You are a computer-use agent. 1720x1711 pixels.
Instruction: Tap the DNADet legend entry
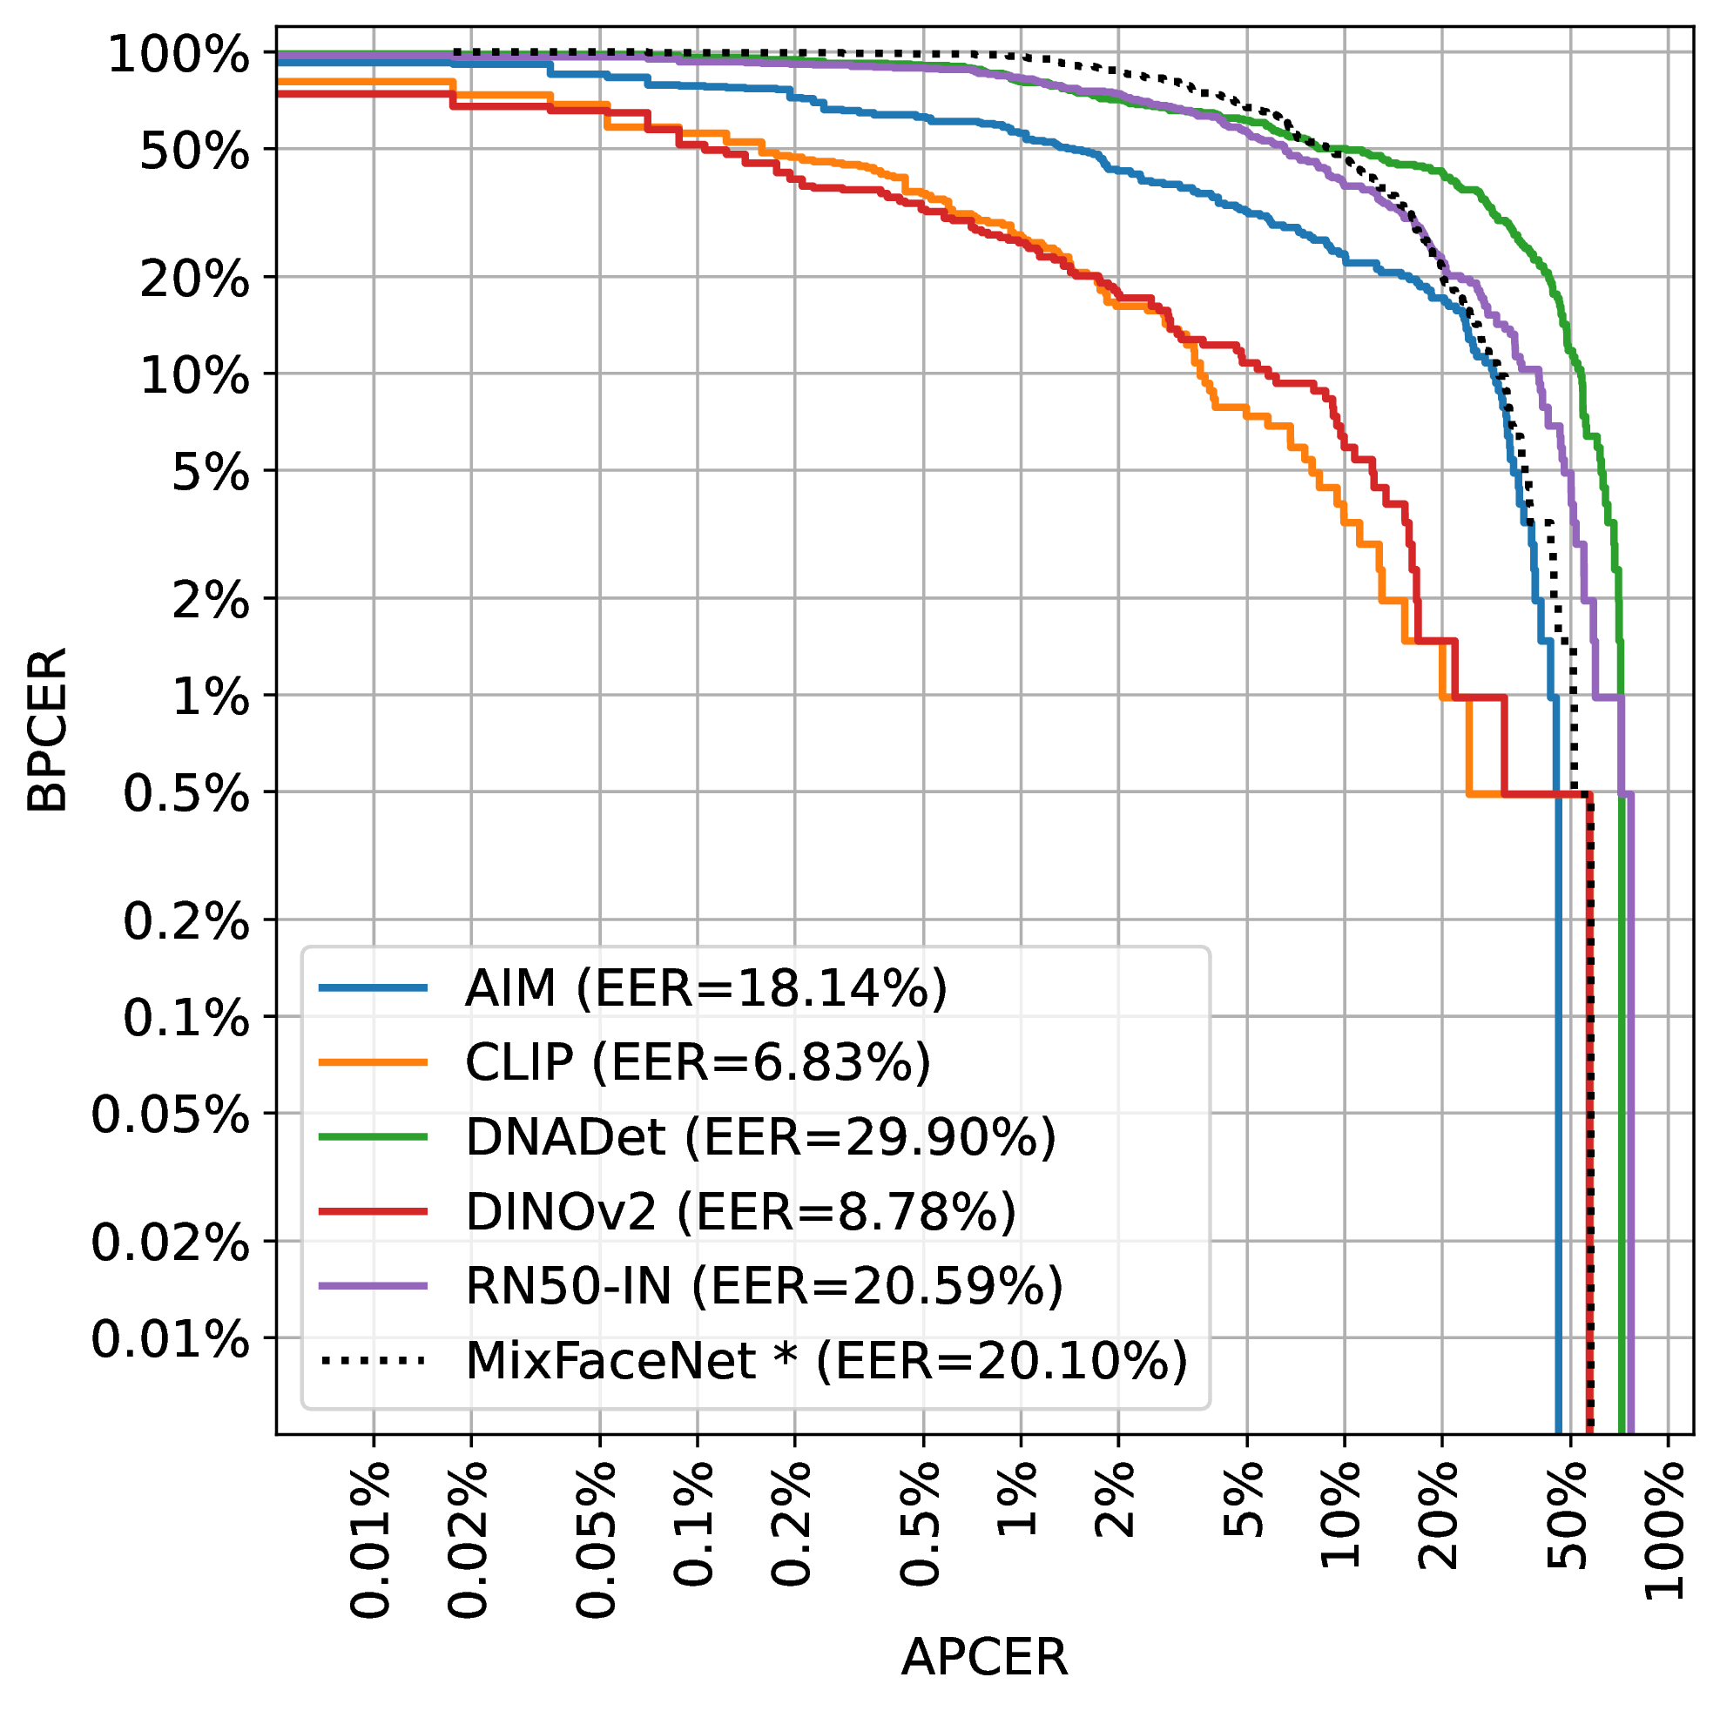click(x=760, y=1137)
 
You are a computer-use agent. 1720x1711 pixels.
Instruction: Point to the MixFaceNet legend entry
click(x=826, y=1360)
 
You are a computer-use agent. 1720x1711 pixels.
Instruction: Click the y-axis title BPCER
click(x=46, y=731)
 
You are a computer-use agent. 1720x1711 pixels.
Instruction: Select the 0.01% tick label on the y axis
click(x=170, y=1339)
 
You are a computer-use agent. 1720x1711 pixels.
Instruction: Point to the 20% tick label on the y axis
click(x=194, y=280)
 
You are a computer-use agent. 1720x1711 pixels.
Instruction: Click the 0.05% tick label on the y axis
click(x=170, y=1115)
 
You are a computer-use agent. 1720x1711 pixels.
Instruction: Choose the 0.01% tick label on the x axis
click(x=371, y=1541)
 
